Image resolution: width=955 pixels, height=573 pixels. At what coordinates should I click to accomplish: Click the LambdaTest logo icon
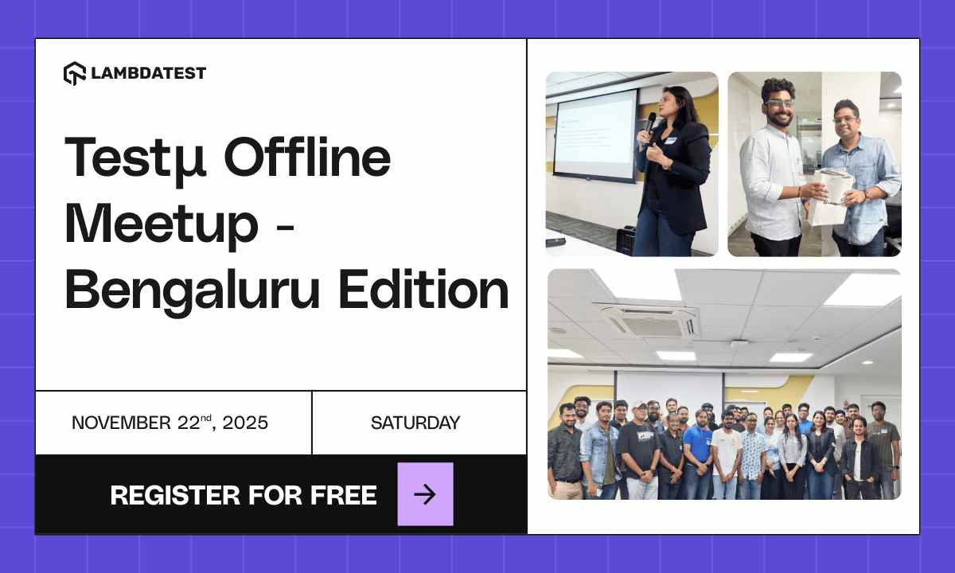coord(74,73)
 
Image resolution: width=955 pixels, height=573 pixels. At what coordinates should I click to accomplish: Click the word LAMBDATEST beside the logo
coord(148,73)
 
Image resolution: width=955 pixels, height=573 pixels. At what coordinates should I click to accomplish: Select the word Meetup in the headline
coord(162,224)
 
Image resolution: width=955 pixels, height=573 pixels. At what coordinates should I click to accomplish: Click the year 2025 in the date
coord(245,423)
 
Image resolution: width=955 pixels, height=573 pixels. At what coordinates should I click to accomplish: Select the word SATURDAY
coord(415,423)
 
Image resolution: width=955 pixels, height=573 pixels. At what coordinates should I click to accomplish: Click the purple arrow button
coord(425,494)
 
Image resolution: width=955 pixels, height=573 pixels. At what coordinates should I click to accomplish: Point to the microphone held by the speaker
coord(651,122)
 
